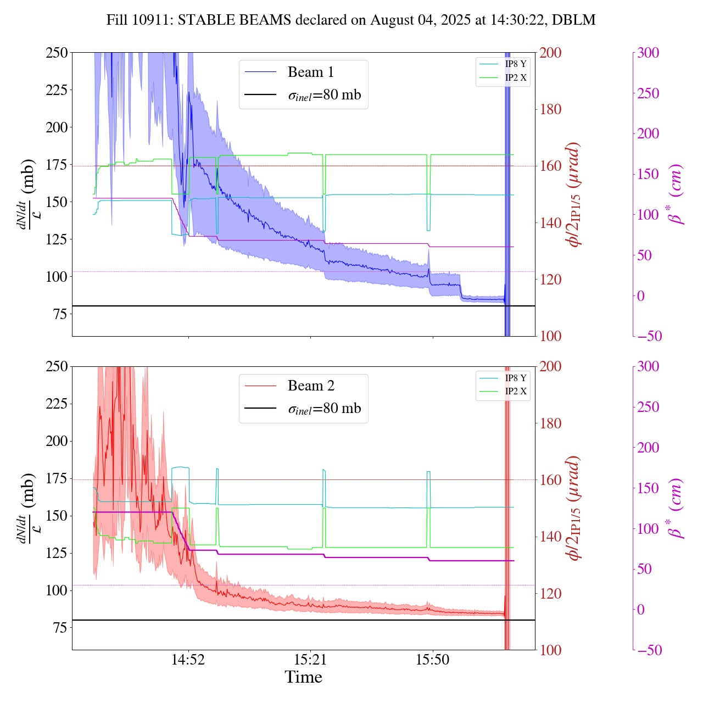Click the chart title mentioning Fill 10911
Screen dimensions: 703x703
pos(351,20)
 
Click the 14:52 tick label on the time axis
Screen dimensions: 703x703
pos(188,660)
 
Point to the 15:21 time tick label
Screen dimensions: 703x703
pos(310,660)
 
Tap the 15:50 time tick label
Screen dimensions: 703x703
pos(433,660)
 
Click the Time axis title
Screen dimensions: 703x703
pos(303,677)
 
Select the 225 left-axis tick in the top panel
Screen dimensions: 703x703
pos(57,90)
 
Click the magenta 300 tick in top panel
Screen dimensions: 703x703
pos(648,53)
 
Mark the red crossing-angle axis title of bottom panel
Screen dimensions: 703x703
pos(575,508)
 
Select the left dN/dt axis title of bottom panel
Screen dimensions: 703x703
pos(26,508)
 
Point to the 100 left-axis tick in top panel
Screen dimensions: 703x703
pos(57,277)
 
